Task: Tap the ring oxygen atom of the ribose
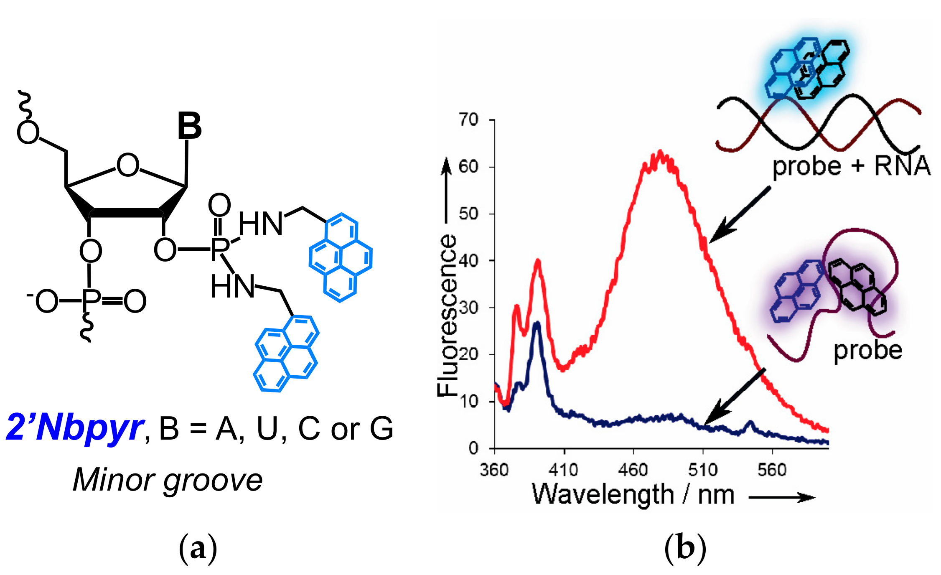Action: [128, 165]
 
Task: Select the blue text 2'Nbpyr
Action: [75, 428]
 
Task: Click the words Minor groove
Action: [168, 480]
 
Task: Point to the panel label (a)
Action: [198, 548]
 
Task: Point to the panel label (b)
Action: [685, 548]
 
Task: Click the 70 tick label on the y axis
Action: [468, 120]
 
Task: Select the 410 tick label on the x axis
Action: [564, 471]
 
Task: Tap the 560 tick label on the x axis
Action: [772, 471]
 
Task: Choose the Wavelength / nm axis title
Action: [633, 496]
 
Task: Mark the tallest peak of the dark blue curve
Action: [538, 323]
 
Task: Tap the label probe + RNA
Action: [851, 166]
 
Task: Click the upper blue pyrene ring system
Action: [341, 257]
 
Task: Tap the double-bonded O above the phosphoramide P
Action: [219, 205]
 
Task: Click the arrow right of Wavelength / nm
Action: [781, 497]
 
